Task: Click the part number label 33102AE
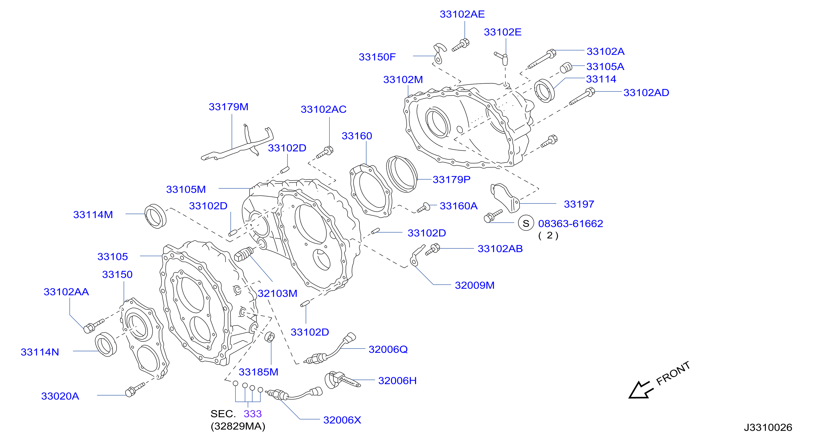tap(462, 14)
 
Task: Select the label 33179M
tap(228, 107)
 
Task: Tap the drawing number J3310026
tap(768, 427)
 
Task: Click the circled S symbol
tap(526, 223)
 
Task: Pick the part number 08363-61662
tap(570, 223)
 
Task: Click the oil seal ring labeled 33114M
tap(155, 216)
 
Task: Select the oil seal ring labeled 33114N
tap(106, 344)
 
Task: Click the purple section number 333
tap(253, 414)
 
